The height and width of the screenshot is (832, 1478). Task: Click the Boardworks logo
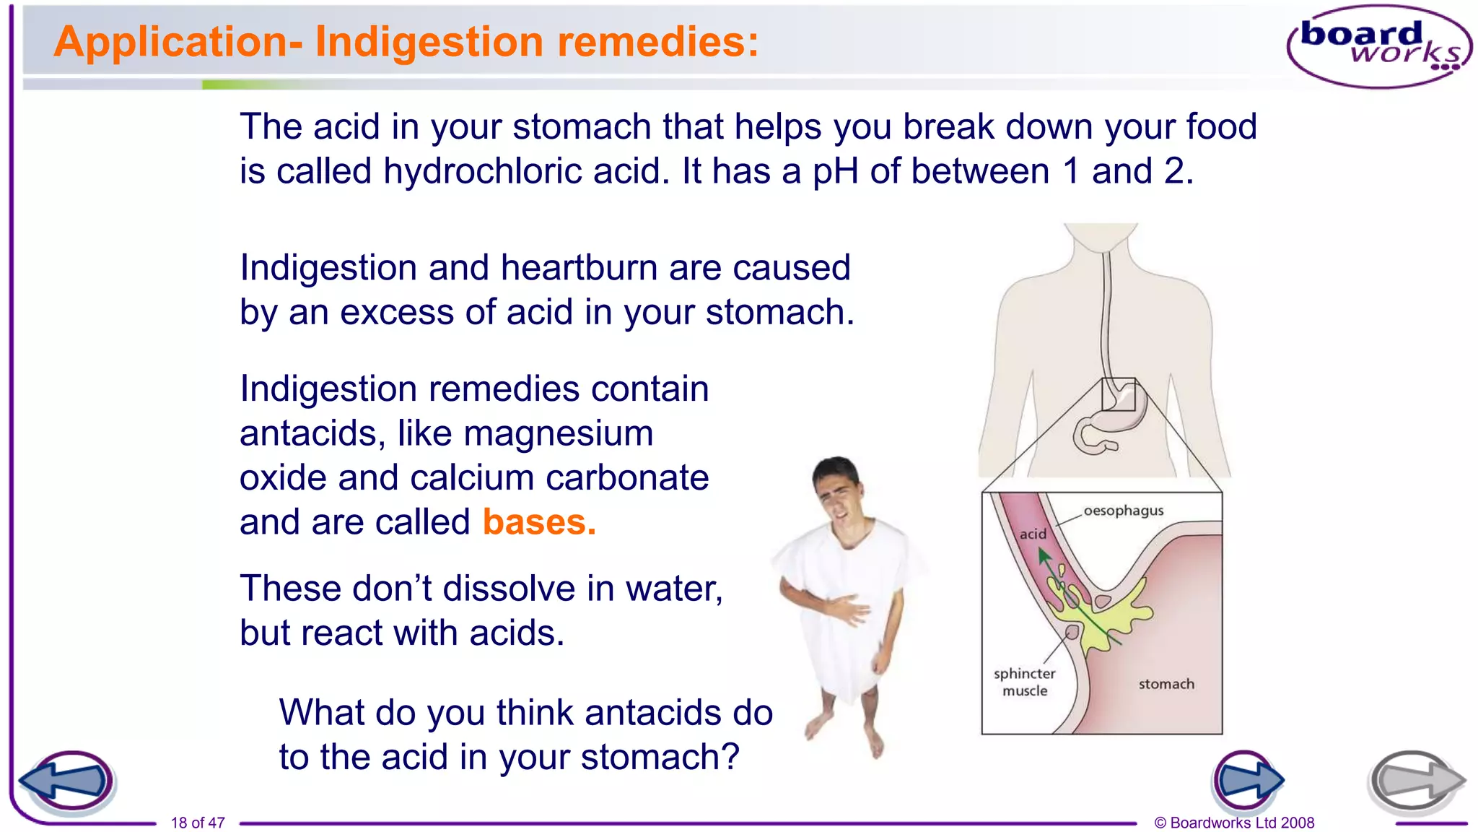[x=1379, y=46]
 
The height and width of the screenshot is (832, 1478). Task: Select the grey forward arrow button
[x=1415, y=781]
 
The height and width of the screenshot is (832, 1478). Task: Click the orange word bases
[x=539, y=522]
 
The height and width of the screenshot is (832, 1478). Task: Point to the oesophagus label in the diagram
[x=1123, y=511]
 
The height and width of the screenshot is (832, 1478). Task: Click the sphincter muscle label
[x=1024, y=682]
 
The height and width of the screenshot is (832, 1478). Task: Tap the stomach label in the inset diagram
[x=1166, y=684]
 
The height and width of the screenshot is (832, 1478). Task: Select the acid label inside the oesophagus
[x=1033, y=534]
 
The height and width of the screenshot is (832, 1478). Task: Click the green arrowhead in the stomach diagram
[x=1043, y=555]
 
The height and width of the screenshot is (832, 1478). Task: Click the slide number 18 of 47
[x=198, y=823]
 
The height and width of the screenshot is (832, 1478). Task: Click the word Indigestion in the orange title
[x=429, y=42]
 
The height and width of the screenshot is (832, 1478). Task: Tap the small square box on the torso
[x=1118, y=394]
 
